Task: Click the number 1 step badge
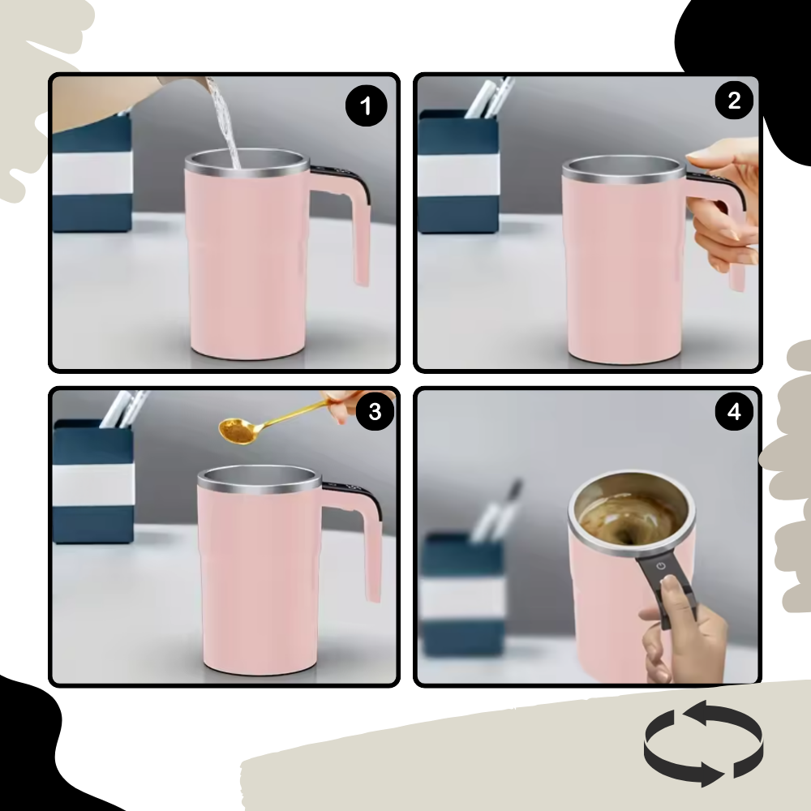click(367, 107)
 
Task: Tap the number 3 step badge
click(374, 411)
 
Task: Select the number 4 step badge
click(734, 412)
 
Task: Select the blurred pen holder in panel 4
click(462, 592)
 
